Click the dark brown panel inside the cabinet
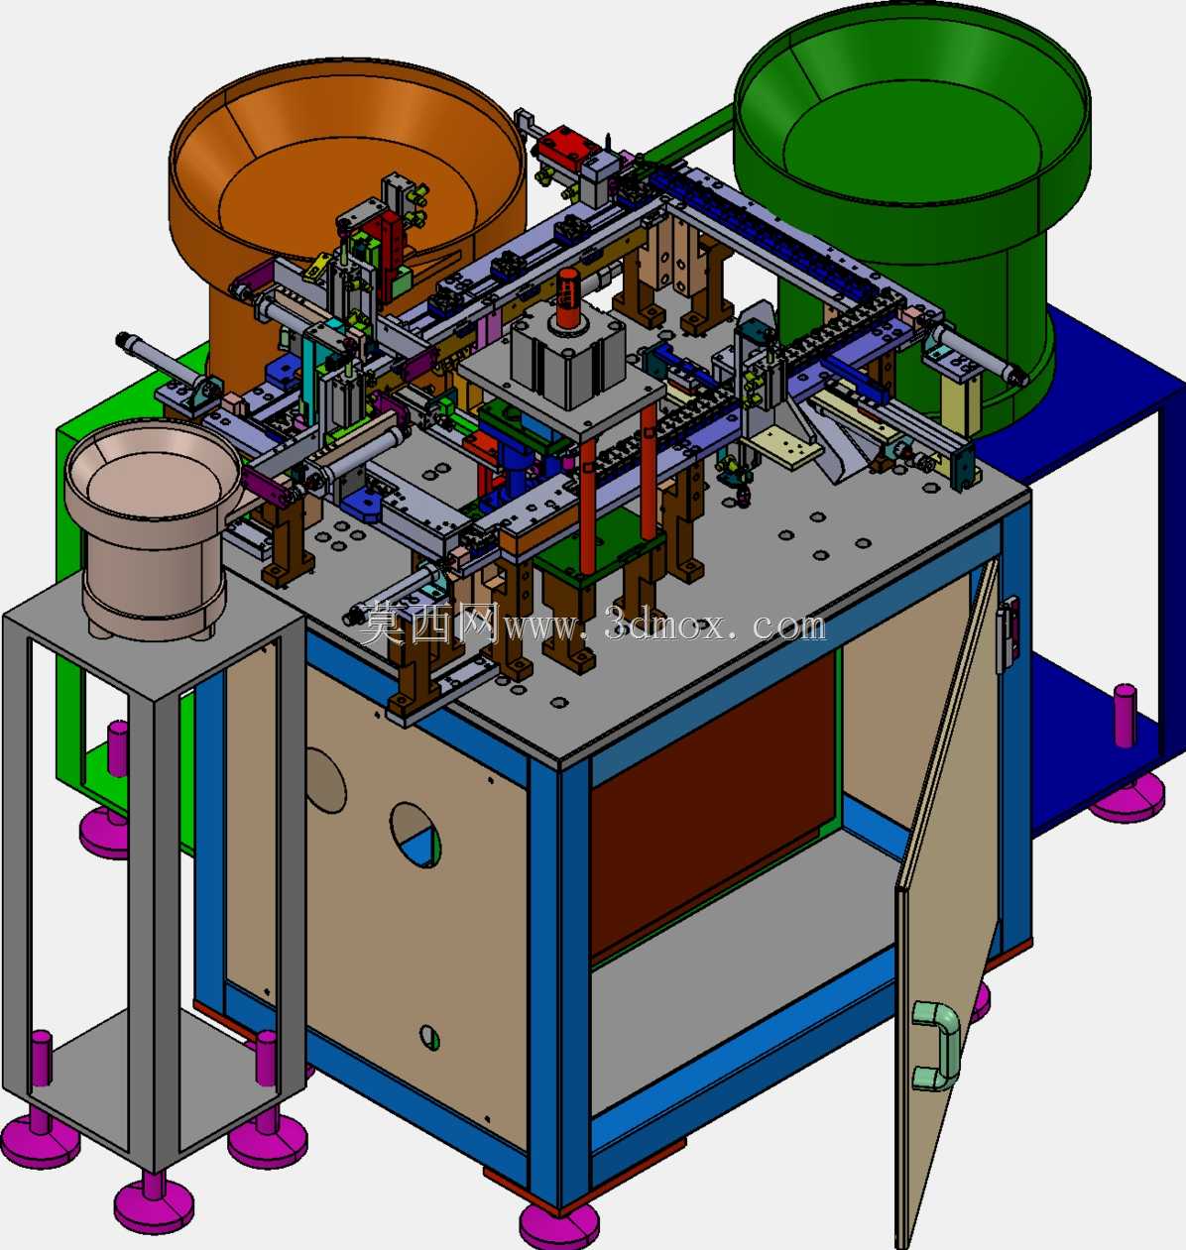[713, 808]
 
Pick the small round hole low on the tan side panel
[430, 1038]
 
